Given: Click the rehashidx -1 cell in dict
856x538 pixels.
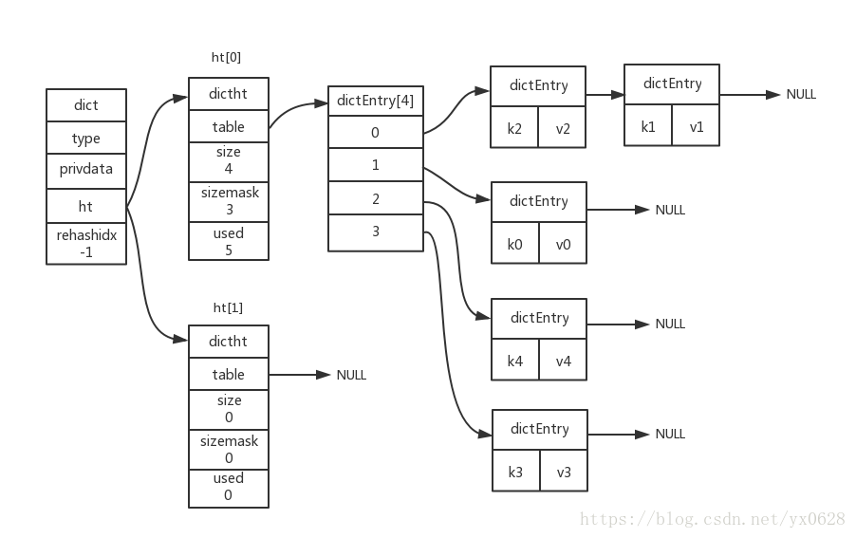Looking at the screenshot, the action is [86, 243].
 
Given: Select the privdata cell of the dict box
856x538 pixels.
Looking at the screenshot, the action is [86, 171].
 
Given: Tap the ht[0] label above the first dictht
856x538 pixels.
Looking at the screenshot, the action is [226, 57].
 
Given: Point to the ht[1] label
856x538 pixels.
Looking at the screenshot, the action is [228, 307].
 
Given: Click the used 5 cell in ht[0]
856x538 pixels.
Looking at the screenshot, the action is [229, 241].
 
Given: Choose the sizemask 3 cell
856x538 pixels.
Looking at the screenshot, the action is [229, 202].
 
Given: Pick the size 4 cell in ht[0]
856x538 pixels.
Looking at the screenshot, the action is [229, 162].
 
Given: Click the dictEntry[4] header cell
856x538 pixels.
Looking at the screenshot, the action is [376, 101].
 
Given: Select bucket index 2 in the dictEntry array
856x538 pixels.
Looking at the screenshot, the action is [376, 198].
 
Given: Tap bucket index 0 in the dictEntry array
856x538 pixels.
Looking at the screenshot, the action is [376, 132].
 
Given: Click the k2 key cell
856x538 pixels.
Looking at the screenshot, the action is [514, 127].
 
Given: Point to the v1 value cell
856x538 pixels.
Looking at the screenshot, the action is [696, 125].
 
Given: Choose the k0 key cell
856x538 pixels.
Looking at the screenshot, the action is [514, 243].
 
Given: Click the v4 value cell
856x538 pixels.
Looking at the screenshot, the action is [563, 360].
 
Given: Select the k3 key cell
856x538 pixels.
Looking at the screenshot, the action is [516, 471].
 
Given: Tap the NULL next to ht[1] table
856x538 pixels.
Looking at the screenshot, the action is [351, 375].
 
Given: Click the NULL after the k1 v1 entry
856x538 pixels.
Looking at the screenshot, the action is [801, 94].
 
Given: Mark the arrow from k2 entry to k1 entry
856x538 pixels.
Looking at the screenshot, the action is [605, 95].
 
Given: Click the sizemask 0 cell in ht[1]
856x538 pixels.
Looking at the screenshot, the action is [229, 450].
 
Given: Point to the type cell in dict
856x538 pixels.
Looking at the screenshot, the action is [86, 138].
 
